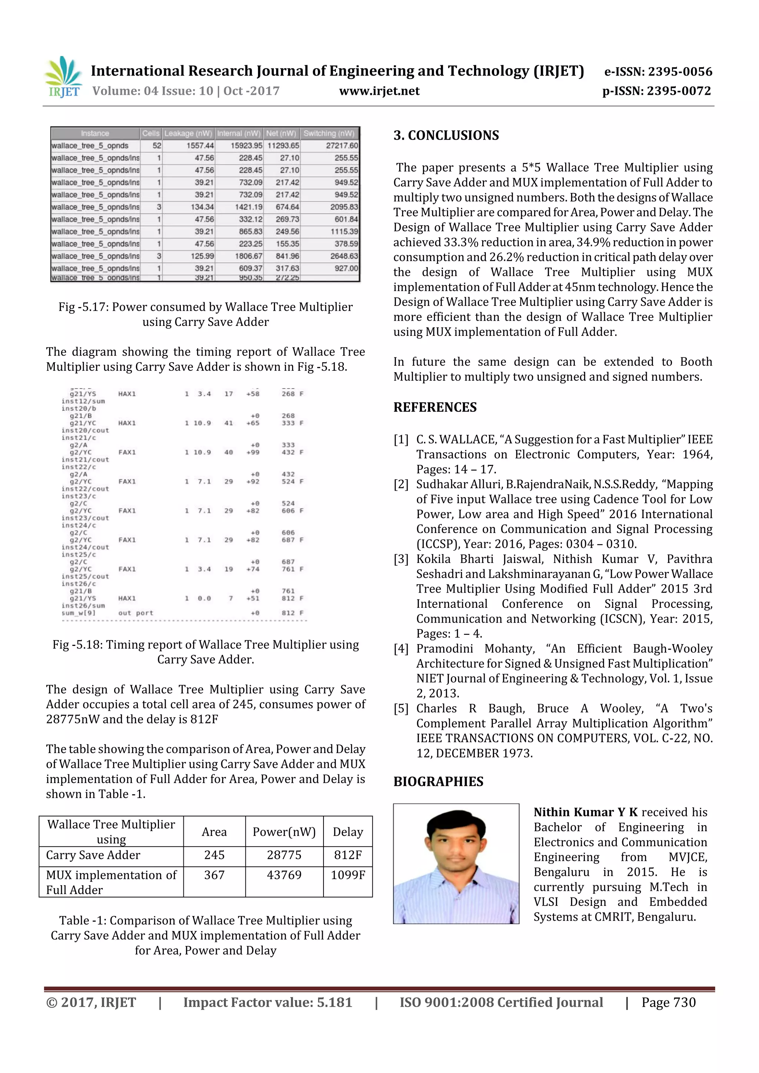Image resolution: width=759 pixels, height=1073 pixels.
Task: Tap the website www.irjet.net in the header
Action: pyautogui.click(x=379, y=91)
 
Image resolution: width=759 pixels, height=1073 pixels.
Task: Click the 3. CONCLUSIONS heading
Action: pyautogui.click(x=446, y=136)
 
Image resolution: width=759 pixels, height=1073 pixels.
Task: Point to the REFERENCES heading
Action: pyautogui.click(x=435, y=407)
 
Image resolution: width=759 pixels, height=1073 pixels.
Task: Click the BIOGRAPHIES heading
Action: pyautogui.click(x=438, y=782)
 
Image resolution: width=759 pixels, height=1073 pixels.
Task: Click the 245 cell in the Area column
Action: pyautogui.click(x=214, y=855)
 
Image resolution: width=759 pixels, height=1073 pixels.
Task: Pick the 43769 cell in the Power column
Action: pyautogui.click(x=284, y=875)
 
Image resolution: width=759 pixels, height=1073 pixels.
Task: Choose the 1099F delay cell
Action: pyautogui.click(x=348, y=875)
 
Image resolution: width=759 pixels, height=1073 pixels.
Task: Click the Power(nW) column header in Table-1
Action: pyautogui.click(x=284, y=832)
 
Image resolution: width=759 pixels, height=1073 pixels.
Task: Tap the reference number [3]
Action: pyautogui.click(x=401, y=559)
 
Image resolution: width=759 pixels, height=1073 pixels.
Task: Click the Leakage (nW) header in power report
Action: pyautogui.click(x=188, y=133)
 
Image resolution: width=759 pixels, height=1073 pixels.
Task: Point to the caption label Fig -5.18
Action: pyautogui.click(x=77, y=644)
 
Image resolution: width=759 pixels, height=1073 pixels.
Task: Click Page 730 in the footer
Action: pyautogui.click(x=668, y=1002)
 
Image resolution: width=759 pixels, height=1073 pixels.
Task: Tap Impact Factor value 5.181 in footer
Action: pyautogui.click(x=268, y=1002)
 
